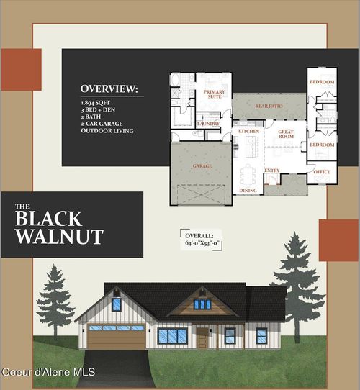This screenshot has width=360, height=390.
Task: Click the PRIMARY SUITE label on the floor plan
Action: click(214, 94)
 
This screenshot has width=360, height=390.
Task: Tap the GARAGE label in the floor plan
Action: click(202, 165)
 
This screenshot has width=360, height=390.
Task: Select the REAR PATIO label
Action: click(268, 106)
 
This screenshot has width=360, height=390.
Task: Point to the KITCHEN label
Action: click(249, 132)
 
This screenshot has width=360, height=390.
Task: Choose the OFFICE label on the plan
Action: click(322, 171)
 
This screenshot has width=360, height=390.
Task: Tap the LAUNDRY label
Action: click(209, 123)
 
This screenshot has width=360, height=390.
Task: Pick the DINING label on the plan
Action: click(248, 191)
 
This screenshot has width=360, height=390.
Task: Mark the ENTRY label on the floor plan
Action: click(272, 171)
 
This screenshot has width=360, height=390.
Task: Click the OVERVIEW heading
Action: click(107, 89)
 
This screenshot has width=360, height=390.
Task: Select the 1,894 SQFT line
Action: click(96, 104)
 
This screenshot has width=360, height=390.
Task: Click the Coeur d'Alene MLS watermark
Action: click(48, 372)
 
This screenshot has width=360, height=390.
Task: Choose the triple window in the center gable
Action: click(203, 304)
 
